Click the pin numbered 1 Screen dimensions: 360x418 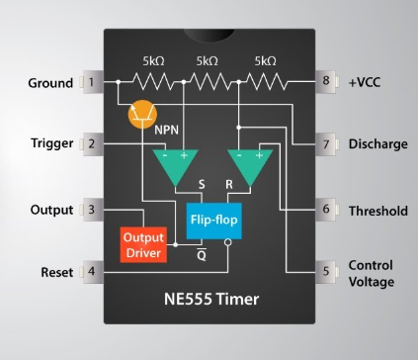(92, 82)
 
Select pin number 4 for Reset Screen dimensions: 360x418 (92, 270)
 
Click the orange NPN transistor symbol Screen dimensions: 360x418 (146, 115)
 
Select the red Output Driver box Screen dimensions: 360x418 (144, 243)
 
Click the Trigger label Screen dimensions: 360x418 (51, 144)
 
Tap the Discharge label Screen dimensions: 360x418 (377, 144)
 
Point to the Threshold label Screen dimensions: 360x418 (377, 211)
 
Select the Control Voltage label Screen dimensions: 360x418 (371, 274)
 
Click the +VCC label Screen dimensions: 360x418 (364, 82)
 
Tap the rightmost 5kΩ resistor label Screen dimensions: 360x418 (265, 61)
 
